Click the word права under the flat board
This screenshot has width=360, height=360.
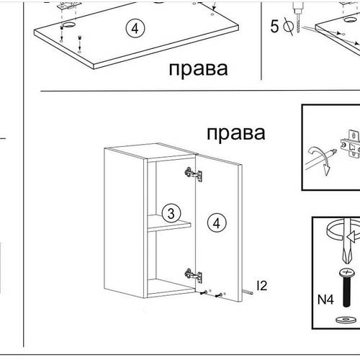point(199,69)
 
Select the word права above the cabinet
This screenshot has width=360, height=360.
point(235,132)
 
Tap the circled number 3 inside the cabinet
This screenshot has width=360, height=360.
point(170,213)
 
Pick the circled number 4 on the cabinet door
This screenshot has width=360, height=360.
point(215,222)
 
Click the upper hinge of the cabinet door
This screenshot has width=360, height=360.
point(192,174)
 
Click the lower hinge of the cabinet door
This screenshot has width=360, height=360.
point(191,274)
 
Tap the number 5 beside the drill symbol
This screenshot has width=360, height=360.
point(274,28)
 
